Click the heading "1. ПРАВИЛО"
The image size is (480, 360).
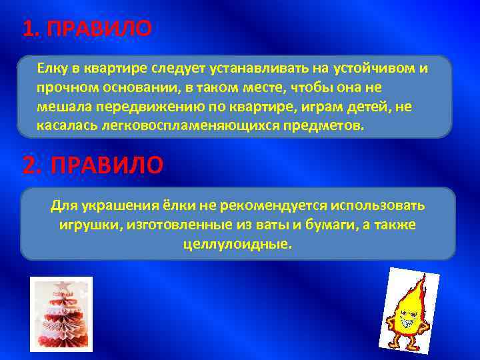pyautogui.click(x=87, y=29)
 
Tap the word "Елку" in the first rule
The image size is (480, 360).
pyautogui.click(x=51, y=69)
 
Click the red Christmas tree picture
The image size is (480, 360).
pyautogui.click(x=61, y=314)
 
